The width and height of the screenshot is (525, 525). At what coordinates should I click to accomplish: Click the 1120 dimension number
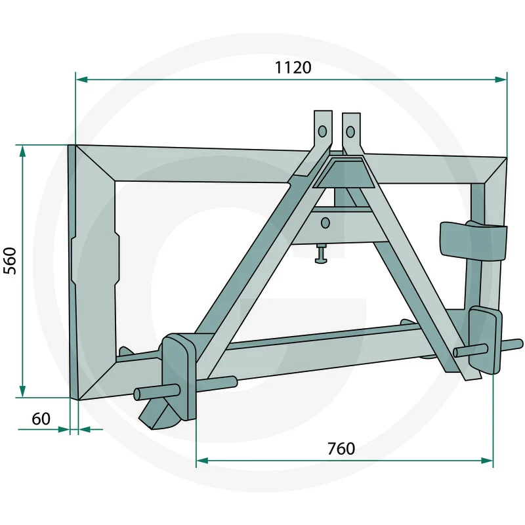click(293, 68)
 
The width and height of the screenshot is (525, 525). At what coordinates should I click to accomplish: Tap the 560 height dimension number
click(10, 261)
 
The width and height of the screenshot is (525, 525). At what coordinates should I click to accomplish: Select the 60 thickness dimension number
click(41, 419)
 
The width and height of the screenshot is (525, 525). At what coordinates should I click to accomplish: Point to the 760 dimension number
click(341, 449)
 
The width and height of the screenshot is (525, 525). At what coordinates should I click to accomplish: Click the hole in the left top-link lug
click(322, 131)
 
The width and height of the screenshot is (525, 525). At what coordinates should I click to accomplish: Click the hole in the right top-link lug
click(350, 132)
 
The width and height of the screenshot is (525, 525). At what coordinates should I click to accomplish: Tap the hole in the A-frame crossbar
click(325, 223)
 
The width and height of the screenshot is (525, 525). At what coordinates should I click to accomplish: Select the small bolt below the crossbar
click(321, 254)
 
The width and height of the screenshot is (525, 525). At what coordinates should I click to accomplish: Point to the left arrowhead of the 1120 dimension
click(81, 79)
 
